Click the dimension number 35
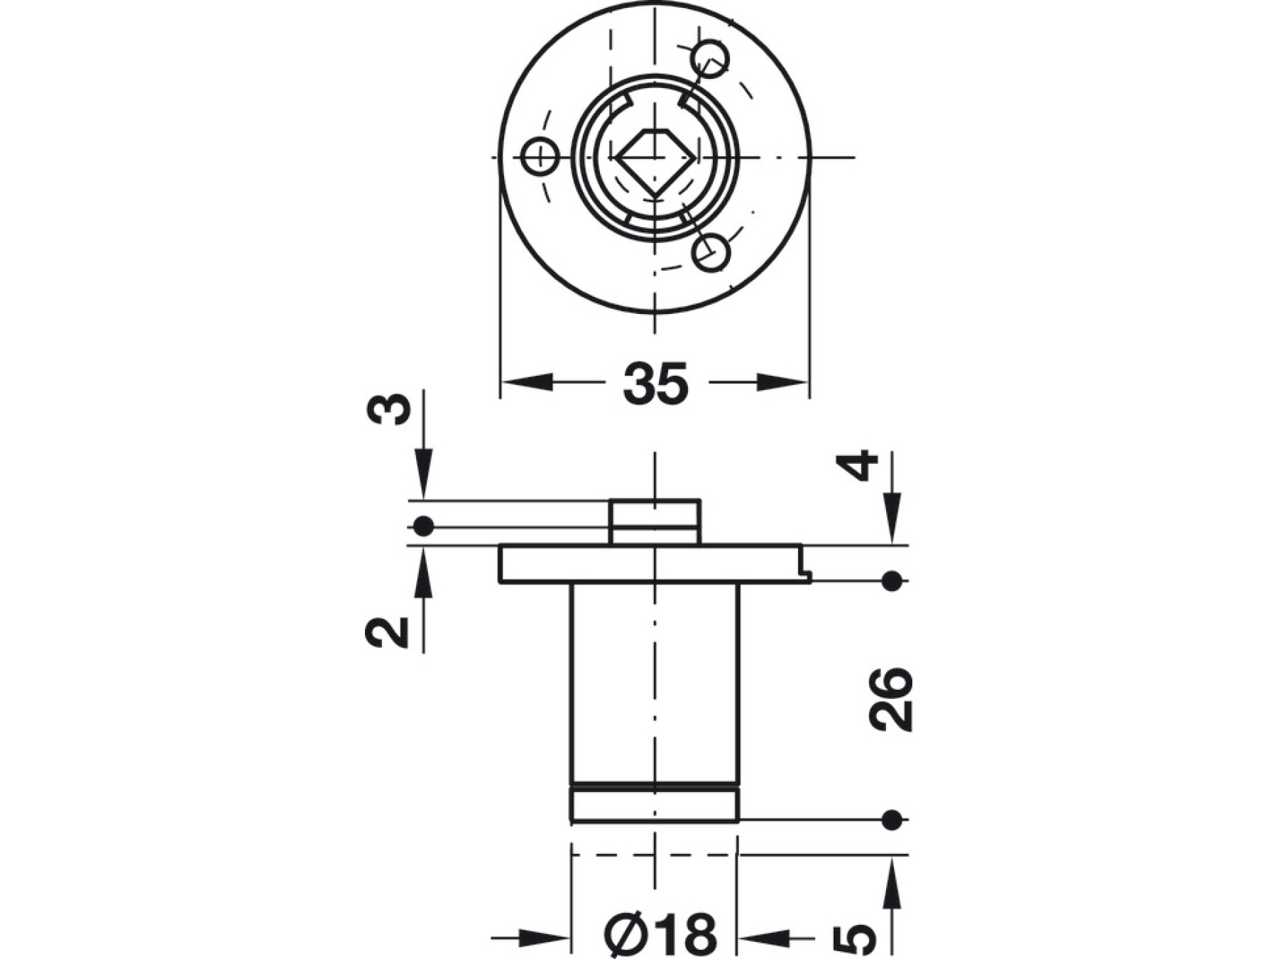pos(655,384)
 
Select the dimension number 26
pos(890,699)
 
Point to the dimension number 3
pos(391,410)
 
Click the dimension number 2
pos(387,632)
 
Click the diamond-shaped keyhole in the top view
pos(655,162)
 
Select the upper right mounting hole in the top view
pos(710,58)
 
